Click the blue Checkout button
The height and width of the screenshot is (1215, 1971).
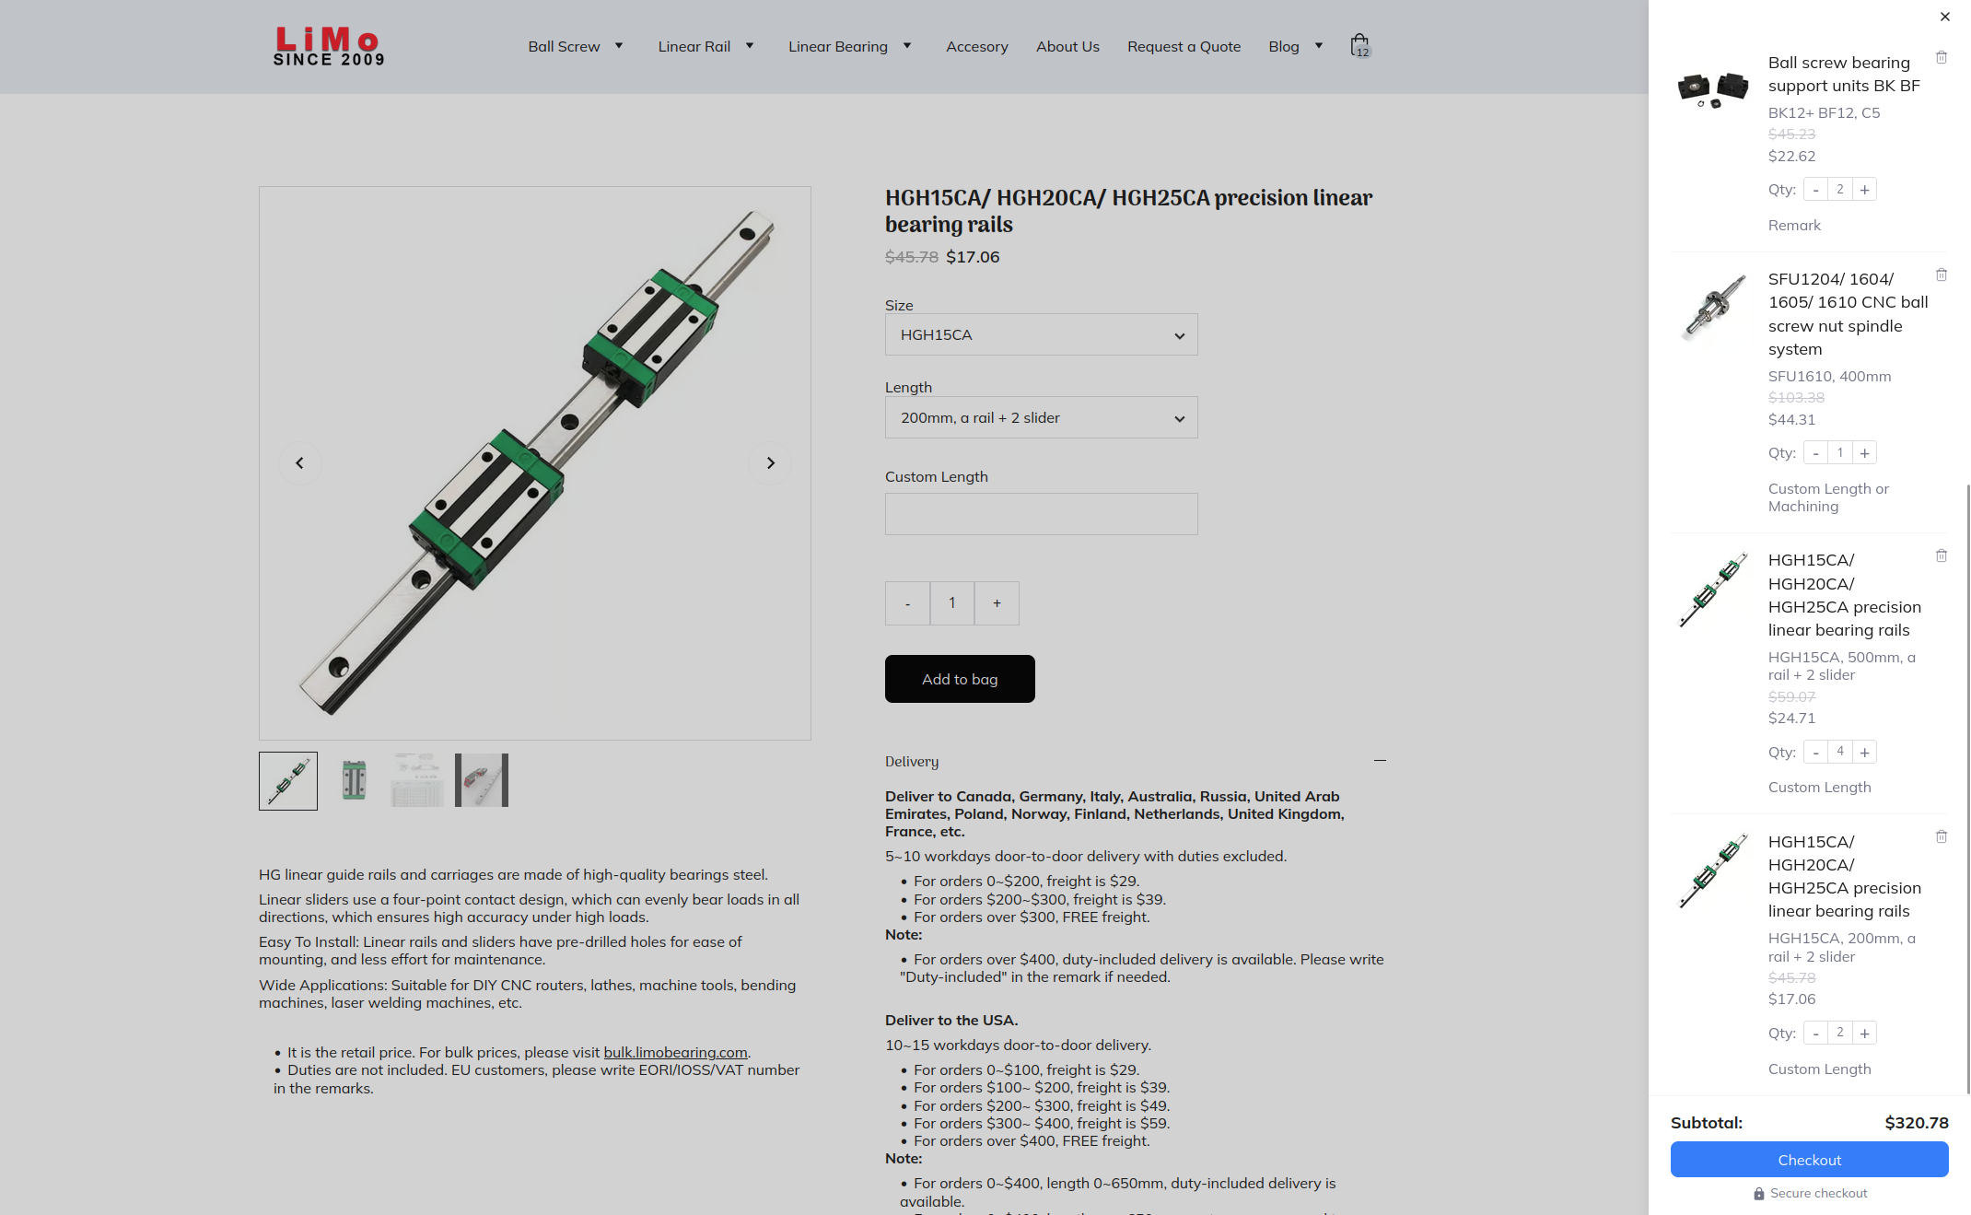1809,1160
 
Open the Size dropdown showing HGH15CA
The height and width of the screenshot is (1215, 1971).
1041,335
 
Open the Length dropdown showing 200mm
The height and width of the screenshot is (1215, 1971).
1041,418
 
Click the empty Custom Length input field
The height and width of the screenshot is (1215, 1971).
1041,514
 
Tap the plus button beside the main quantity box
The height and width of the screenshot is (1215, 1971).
997,603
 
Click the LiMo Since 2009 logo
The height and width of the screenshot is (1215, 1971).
328,46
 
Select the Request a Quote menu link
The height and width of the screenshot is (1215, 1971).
1184,47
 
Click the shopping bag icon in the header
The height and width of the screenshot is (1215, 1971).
1359,45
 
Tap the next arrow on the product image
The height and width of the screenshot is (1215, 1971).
771,463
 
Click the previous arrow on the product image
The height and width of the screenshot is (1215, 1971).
299,463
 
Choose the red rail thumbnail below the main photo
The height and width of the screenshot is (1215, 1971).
481,781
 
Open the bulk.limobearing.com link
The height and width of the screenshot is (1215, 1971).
675,1052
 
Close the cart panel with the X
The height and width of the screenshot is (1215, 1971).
1945,17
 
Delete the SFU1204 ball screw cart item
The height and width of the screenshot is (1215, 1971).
1942,275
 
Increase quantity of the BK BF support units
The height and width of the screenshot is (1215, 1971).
1864,190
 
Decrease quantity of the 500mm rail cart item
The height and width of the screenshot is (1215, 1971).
1815,753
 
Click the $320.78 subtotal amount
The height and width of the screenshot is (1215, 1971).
1916,1123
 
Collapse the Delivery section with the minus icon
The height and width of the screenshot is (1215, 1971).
1380,761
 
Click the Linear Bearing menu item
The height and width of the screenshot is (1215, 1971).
837,47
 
